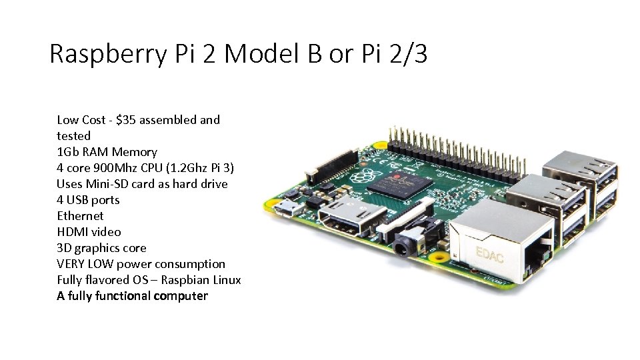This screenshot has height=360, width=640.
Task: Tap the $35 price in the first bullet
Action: (x=127, y=120)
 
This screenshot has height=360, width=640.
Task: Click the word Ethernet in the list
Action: (x=80, y=216)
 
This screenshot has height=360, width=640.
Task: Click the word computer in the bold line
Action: (x=181, y=296)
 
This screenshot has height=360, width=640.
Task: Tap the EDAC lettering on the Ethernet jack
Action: (x=489, y=253)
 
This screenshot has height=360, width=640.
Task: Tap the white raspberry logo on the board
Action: (x=366, y=175)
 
